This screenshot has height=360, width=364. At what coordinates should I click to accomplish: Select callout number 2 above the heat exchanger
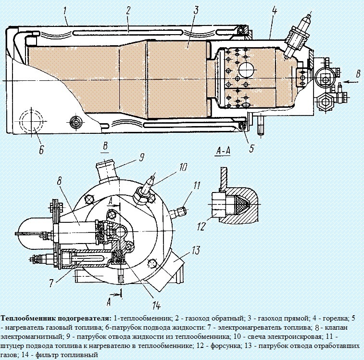[128, 10]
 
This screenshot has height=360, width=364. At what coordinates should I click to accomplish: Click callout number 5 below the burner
[251, 148]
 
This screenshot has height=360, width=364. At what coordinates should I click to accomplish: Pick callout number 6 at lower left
[40, 150]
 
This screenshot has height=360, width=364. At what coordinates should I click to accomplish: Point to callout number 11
[197, 185]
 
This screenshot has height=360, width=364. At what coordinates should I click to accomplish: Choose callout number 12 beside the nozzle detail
[201, 226]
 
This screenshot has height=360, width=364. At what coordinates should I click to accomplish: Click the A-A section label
[224, 151]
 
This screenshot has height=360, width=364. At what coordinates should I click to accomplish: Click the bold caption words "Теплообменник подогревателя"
[56, 318]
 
